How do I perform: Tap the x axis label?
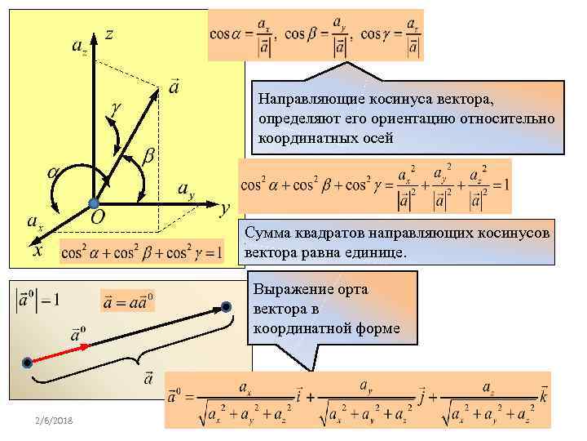[37, 251]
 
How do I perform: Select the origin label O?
[97, 217]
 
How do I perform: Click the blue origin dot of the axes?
[95, 202]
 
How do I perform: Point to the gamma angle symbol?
[116, 106]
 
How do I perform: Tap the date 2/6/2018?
[54, 418]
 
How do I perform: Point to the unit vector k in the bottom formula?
[544, 398]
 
